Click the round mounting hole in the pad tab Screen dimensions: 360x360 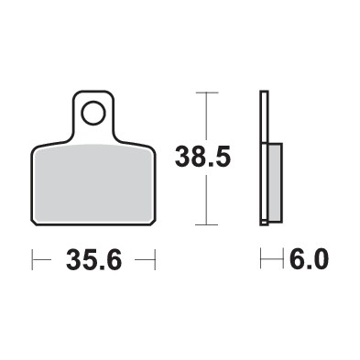pos(93,115)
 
